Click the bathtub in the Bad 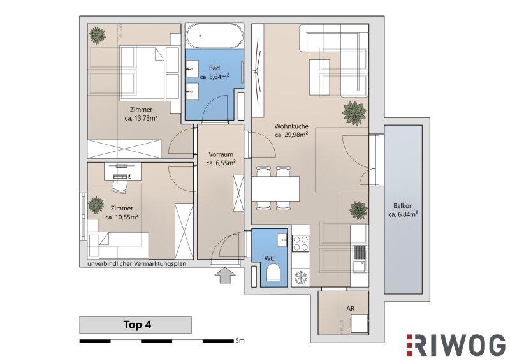click(214, 36)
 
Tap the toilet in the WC click(273, 272)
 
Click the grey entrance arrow click(225, 276)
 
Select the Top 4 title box click(135, 325)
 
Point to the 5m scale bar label click(240, 341)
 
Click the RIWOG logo click(456, 345)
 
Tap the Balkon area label click(403, 210)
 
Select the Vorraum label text click(221, 154)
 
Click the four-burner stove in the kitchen click(300, 244)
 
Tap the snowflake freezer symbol click(300, 278)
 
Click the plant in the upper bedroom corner click(97, 36)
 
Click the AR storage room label click(350, 308)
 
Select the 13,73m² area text click(141, 118)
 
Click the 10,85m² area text click(122, 217)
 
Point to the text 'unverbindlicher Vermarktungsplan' click(136, 263)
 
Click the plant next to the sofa click(354, 112)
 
